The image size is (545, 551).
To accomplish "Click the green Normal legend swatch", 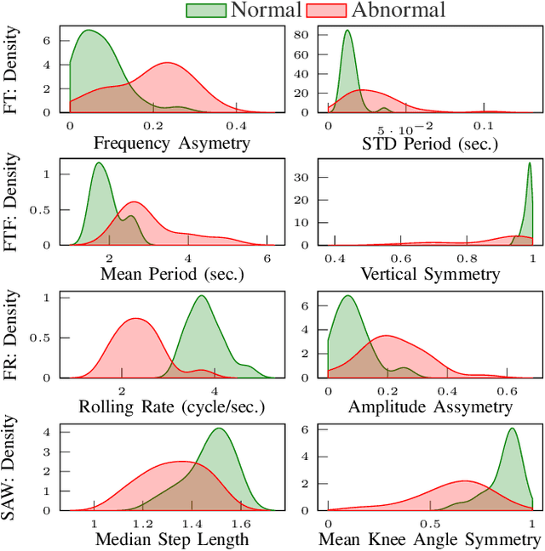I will pos(204,10).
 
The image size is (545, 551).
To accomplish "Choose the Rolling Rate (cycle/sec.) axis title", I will pos(171,407).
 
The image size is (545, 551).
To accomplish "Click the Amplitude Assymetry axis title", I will pos(430,407).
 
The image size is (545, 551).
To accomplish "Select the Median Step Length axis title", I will pos(171,539).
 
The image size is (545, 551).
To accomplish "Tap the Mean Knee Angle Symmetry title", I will pos(429,539).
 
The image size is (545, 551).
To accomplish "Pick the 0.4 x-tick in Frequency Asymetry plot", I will pos(237,124).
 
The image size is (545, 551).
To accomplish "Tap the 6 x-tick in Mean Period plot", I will pos(267,257).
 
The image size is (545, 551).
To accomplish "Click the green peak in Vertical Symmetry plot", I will pos(530,164).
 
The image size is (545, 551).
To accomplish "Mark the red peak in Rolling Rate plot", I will pos(135,319).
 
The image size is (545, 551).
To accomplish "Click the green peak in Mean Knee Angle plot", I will pos(512,429).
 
